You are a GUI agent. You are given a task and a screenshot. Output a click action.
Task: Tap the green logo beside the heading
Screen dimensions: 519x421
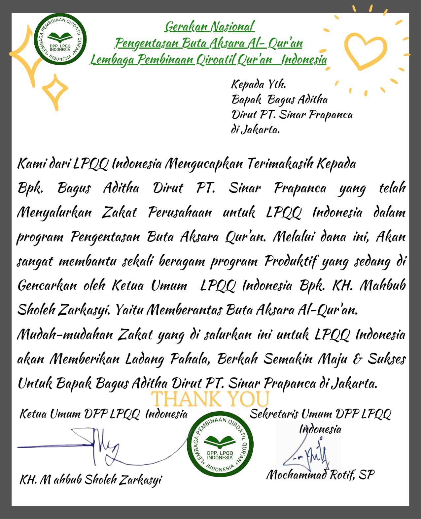click(60, 39)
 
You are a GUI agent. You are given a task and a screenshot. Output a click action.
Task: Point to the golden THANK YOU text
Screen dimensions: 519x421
click(210, 399)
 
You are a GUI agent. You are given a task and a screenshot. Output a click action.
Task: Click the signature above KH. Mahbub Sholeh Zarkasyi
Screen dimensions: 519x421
click(99, 447)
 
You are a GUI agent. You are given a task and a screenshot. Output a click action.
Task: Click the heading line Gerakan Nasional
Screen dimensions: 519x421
click(210, 27)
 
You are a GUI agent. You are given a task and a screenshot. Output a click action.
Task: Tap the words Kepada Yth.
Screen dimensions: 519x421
click(259, 84)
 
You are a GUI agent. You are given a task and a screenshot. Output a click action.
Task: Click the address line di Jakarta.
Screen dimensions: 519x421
click(255, 130)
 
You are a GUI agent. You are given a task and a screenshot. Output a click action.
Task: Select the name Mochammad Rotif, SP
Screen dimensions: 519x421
click(320, 475)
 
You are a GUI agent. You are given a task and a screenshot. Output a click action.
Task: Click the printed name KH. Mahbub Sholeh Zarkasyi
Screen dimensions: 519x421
click(91, 480)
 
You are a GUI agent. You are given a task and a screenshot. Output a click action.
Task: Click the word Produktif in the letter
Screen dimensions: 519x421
click(291, 261)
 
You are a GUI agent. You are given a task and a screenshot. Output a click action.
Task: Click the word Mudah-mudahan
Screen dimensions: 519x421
click(65, 334)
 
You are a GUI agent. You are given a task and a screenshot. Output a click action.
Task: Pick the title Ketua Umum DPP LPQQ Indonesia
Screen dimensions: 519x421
click(103, 414)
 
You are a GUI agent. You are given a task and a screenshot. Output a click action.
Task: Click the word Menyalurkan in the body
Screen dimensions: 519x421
click(54, 213)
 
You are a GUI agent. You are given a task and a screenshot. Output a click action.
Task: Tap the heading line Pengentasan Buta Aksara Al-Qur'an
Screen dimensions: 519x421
click(209, 43)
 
